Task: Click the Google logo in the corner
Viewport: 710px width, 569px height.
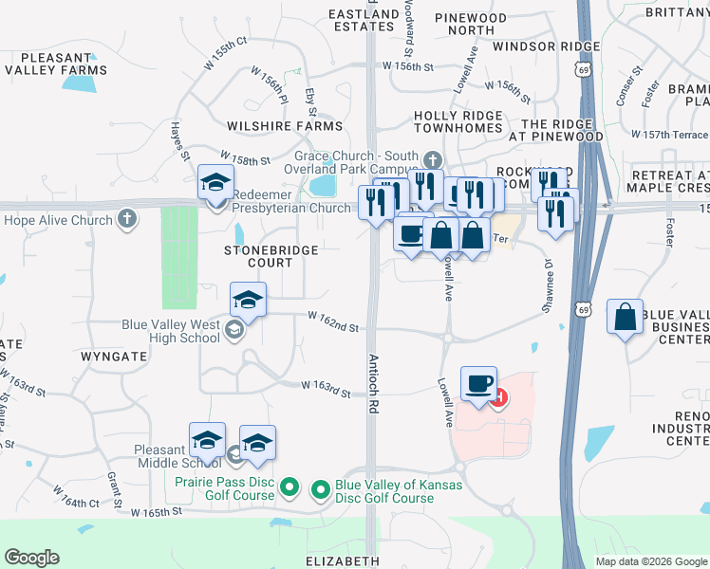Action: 31,558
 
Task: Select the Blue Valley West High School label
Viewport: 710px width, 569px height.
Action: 171,331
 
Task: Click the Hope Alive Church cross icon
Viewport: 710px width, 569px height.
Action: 126,220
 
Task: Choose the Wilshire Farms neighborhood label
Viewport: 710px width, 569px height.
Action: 285,125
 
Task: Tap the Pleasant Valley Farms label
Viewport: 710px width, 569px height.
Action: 54,63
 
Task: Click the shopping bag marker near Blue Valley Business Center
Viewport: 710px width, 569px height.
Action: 626,318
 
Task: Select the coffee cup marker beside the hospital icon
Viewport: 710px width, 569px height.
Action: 478,383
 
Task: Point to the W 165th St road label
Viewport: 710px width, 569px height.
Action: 157,511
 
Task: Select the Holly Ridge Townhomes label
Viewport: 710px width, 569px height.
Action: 458,121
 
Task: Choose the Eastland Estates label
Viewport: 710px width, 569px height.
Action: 364,20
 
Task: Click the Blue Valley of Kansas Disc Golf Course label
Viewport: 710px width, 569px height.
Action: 399,491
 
